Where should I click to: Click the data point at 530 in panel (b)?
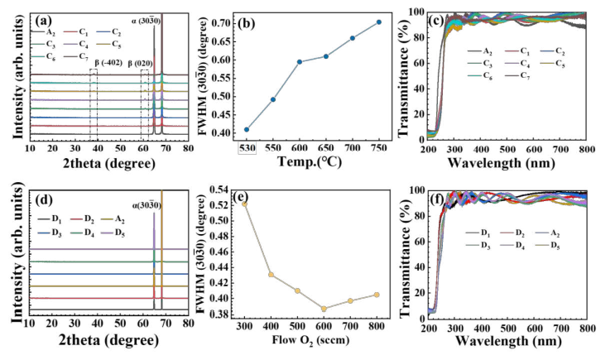click(247, 129)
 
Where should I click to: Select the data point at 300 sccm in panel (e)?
click(244, 204)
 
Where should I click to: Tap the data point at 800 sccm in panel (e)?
click(377, 295)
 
